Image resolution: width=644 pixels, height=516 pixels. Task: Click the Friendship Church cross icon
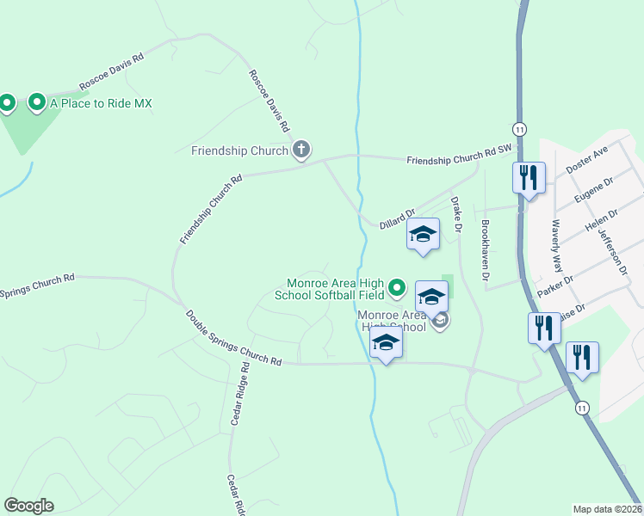pyautogui.click(x=301, y=150)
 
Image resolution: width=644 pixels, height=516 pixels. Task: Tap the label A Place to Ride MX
pyautogui.click(x=101, y=103)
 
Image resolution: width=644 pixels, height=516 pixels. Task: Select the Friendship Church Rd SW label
pyautogui.click(x=459, y=155)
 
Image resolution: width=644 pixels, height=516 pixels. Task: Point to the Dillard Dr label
pyautogui.click(x=398, y=218)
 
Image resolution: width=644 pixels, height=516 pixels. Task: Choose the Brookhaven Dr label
pyautogui.click(x=486, y=251)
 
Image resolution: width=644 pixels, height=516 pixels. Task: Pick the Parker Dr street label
pyautogui.click(x=555, y=287)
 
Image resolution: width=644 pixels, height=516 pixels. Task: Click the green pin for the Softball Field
pyautogui.click(x=397, y=287)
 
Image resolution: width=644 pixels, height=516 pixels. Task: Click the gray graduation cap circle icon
pyautogui.click(x=440, y=322)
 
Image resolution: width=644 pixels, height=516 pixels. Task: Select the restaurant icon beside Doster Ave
pyautogui.click(x=528, y=178)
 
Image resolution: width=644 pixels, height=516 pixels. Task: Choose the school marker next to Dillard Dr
pyautogui.click(x=423, y=234)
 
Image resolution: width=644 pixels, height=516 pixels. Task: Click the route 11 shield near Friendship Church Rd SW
pyautogui.click(x=518, y=128)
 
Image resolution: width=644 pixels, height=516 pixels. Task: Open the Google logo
pyautogui.click(x=28, y=506)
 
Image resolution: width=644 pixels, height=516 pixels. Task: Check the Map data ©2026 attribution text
pyautogui.click(x=607, y=509)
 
